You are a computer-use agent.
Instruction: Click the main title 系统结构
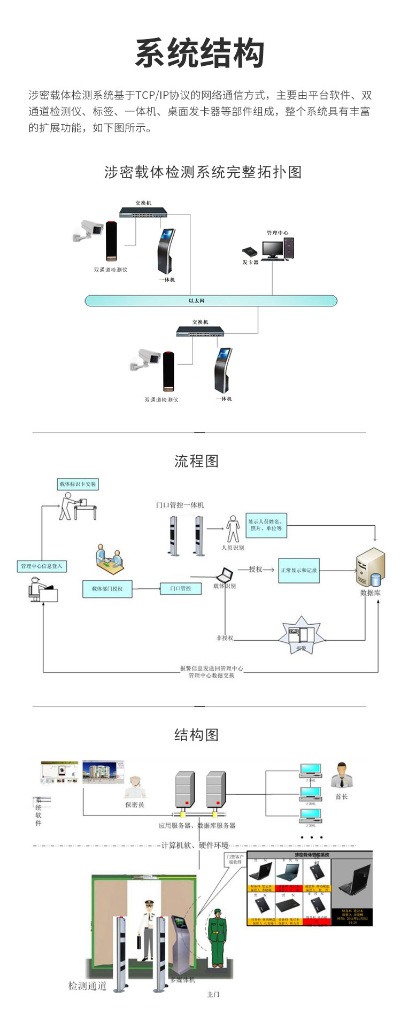[x=200, y=53]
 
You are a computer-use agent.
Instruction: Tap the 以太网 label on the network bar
[x=197, y=301]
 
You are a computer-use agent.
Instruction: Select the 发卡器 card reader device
[x=250, y=251]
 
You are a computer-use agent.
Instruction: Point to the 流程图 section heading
[x=197, y=461]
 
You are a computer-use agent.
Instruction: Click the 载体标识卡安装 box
[x=78, y=484]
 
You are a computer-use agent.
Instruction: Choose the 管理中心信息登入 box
[x=42, y=566]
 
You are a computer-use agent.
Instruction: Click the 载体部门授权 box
[x=107, y=589]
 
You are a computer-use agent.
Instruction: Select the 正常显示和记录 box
[x=299, y=570]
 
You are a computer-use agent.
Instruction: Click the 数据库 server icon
[x=371, y=568]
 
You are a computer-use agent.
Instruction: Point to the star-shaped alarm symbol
[x=301, y=636]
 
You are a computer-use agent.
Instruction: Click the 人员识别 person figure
[x=233, y=529]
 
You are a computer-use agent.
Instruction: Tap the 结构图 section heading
[x=197, y=735]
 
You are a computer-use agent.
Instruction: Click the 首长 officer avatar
[x=341, y=776]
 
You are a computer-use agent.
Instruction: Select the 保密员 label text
[x=135, y=804]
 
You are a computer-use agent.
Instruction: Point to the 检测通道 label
[x=88, y=986]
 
